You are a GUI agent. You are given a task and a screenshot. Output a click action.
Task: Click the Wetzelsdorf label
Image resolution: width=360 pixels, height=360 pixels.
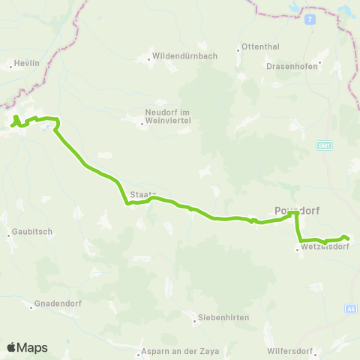coord(323,246)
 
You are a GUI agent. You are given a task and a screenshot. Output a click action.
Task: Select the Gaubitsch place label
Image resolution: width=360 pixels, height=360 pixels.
coord(31,232)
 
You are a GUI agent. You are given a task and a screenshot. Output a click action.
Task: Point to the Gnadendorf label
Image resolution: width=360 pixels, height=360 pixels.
coord(55,304)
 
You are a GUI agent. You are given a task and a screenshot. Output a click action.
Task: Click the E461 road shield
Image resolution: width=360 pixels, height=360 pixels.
coord(324,145)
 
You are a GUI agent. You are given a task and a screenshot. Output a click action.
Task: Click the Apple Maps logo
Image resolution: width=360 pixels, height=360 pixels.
coord(27,347)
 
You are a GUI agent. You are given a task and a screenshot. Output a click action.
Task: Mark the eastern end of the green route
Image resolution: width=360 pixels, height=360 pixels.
coord(349,239)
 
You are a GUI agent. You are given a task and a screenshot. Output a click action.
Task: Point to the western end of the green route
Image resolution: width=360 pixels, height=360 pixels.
coord(12,125)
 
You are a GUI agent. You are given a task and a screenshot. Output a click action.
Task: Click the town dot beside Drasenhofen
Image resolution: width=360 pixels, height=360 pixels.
coord(320,62)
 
